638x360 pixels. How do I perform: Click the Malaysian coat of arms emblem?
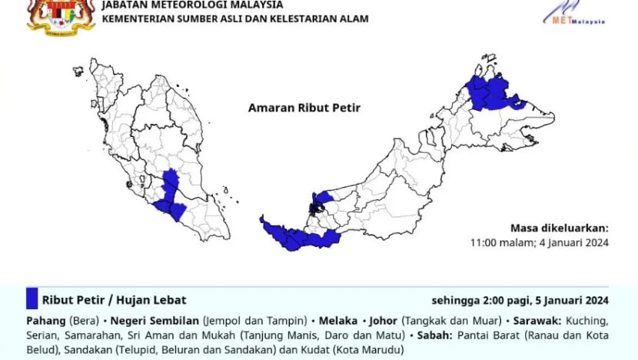pos(61,15)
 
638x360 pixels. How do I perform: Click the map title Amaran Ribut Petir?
pos(304,108)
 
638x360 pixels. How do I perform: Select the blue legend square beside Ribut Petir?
pos(32,299)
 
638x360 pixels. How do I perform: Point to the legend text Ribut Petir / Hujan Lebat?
pos(114,300)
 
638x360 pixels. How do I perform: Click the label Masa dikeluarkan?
pos(560,228)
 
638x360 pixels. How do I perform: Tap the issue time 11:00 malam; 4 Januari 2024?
pos(540,243)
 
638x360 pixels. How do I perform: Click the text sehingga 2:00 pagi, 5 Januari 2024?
pos(520,300)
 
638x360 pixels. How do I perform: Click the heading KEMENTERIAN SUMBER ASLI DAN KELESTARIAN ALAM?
pos(235,18)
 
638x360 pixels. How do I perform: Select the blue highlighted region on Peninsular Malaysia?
pos(171,196)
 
